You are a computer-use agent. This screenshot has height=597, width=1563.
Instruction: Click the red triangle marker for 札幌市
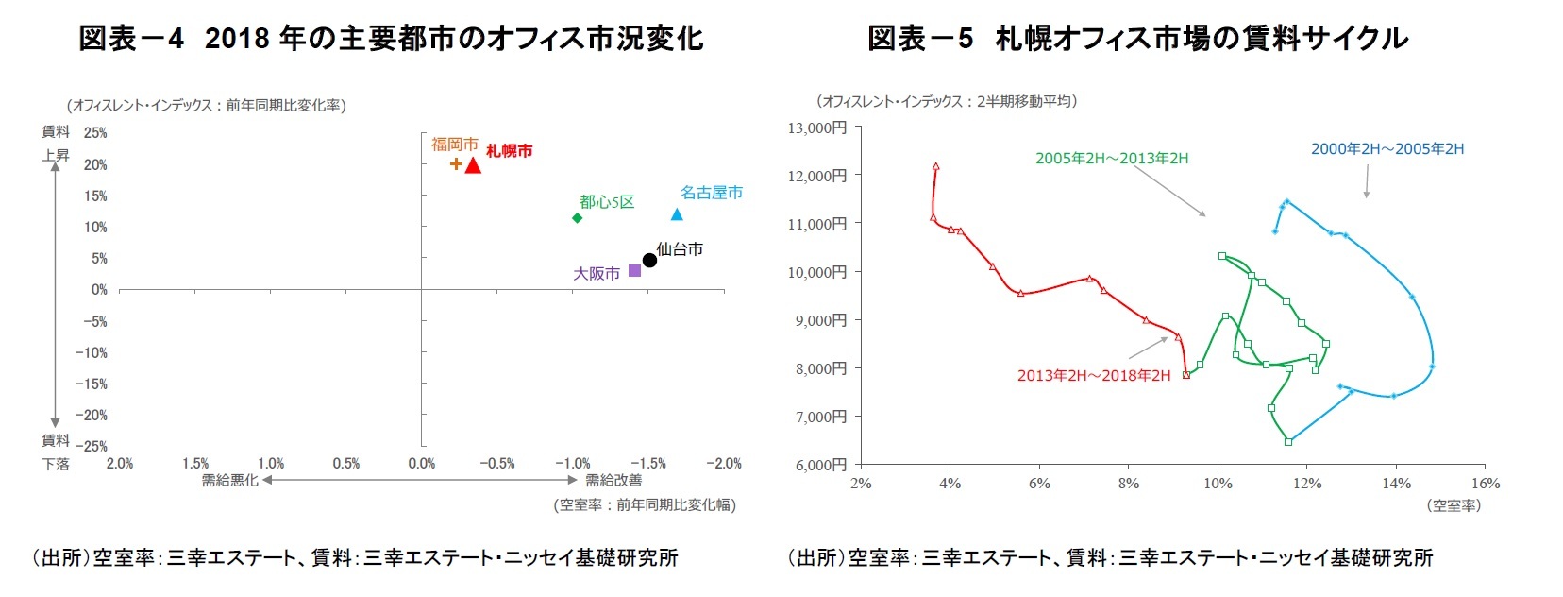point(473,166)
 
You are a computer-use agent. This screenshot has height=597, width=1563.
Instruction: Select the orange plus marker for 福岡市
point(456,163)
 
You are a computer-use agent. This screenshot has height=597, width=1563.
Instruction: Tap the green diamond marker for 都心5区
point(577,218)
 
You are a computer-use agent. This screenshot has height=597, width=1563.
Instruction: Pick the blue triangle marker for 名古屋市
point(677,214)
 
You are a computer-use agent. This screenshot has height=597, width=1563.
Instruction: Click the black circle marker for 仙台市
point(649,260)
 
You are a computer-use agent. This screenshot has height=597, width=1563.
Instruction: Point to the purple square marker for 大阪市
point(634,271)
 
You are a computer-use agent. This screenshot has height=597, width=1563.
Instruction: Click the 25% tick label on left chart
point(95,133)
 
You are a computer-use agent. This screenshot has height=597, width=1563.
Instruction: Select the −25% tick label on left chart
point(92,446)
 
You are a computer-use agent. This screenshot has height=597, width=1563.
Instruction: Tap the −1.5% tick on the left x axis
point(647,464)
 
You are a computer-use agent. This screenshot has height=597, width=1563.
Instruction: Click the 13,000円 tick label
point(817,128)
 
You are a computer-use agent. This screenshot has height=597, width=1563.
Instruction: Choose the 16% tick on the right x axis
point(1485,484)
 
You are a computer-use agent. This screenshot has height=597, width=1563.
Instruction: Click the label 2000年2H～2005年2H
point(1387,149)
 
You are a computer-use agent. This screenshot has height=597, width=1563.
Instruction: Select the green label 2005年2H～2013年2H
point(1111,159)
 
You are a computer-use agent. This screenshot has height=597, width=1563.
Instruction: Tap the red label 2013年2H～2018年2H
point(1093,376)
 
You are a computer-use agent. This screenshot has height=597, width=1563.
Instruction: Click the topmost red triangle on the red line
point(935,166)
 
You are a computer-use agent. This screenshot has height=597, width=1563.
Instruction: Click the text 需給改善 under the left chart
point(613,481)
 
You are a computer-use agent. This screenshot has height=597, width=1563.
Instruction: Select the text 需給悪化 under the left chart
point(229,481)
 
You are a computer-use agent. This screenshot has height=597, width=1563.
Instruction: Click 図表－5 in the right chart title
point(919,39)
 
